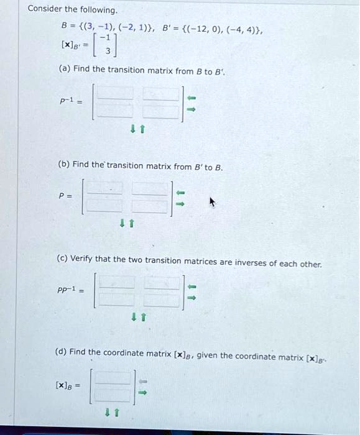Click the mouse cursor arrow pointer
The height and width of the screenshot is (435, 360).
click(213, 202)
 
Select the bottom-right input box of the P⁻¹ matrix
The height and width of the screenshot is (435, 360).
click(159, 111)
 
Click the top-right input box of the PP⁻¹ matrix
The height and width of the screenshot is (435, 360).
click(162, 283)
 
